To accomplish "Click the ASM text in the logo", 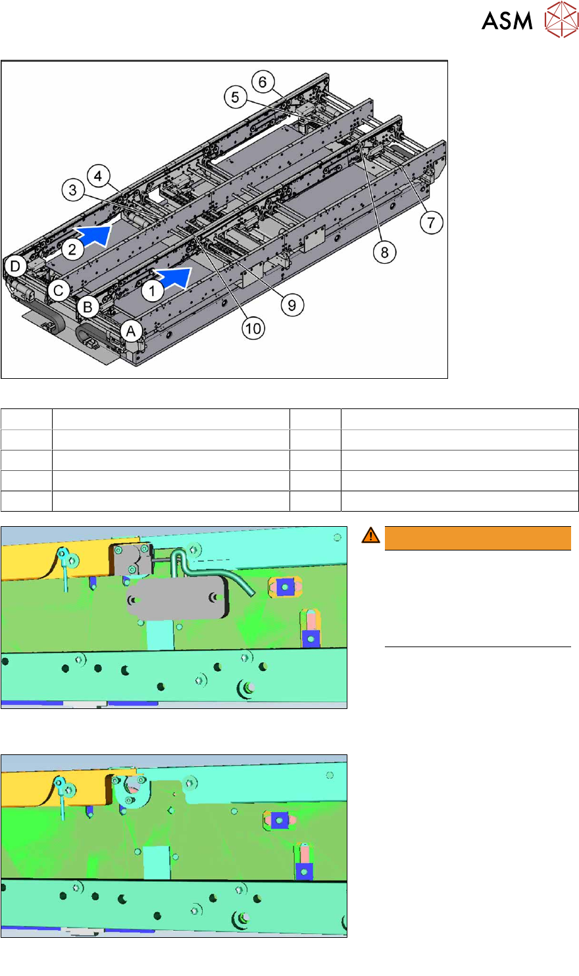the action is click(507, 21).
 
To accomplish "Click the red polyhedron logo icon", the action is click(561, 19).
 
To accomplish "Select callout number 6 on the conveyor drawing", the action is click(263, 82).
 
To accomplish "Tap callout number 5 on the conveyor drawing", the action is click(236, 97).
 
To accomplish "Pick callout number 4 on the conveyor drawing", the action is click(98, 176).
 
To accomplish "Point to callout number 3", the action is click(73, 189).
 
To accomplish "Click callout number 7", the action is click(431, 223).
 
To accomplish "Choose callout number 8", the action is click(384, 252).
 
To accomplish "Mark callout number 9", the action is click(292, 305).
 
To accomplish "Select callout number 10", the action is click(253, 329).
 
